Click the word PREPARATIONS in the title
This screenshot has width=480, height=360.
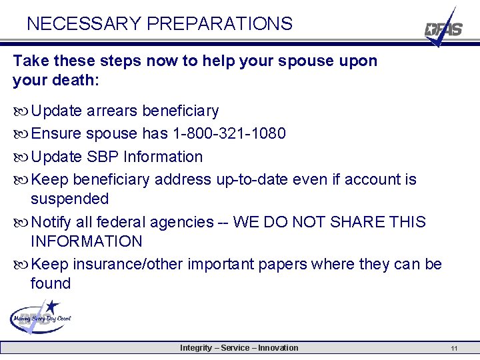pos(219,24)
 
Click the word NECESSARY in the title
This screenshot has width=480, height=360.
pos(83,24)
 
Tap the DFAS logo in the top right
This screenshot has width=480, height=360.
pos(443,29)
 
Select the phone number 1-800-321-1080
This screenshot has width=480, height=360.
pos(229,133)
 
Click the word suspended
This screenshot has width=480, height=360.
pos(69,199)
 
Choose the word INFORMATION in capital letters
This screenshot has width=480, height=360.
pos(87,241)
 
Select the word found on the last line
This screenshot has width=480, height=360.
pos(51,283)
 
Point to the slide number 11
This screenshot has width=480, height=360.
pos(453,348)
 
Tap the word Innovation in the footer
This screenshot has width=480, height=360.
pos(278,347)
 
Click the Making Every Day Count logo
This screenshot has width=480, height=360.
pos(41,316)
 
